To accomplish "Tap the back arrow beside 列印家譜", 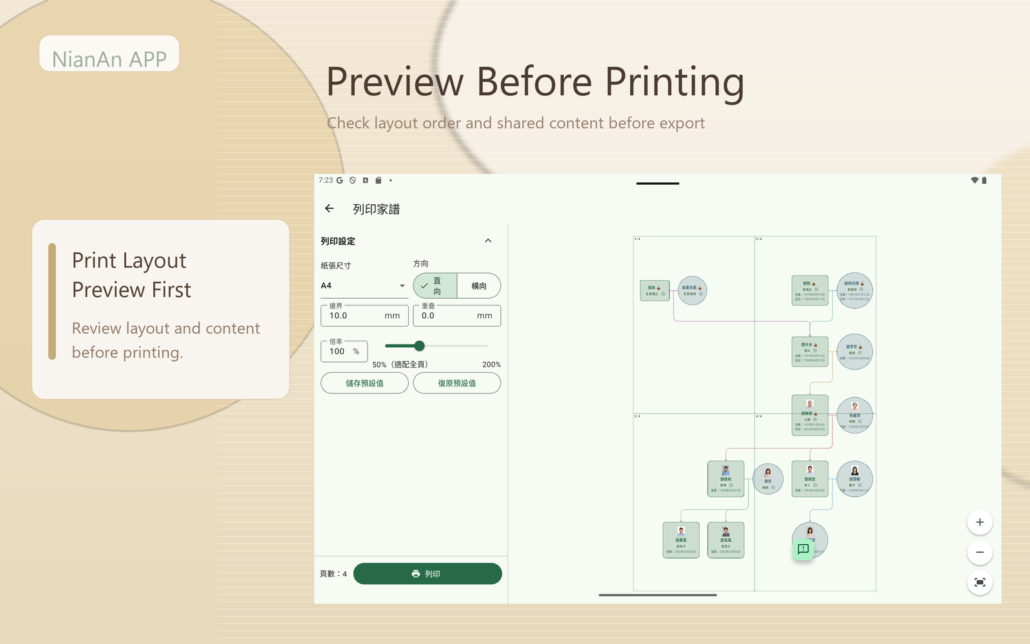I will (x=330, y=209).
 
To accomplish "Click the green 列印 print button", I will (x=427, y=574).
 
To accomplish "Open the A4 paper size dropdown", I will (x=364, y=286).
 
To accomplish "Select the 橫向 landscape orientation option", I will (x=478, y=286).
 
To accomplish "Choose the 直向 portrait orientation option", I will (x=435, y=286).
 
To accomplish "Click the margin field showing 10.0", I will (x=364, y=316).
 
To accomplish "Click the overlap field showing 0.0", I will (x=456, y=316).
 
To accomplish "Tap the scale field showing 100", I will (x=344, y=352).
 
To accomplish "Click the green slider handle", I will (x=420, y=346).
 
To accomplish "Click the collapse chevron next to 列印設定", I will (x=488, y=241).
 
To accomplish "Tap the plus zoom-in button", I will (x=980, y=522).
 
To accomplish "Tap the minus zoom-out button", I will (x=980, y=553).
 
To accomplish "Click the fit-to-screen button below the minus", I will (x=980, y=583).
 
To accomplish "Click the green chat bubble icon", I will (x=803, y=549).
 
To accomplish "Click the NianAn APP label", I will (x=109, y=59).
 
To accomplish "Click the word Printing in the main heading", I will (x=674, y=82).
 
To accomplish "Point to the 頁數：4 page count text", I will (x=333, y=574).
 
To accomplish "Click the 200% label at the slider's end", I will (x=491, y=365).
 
